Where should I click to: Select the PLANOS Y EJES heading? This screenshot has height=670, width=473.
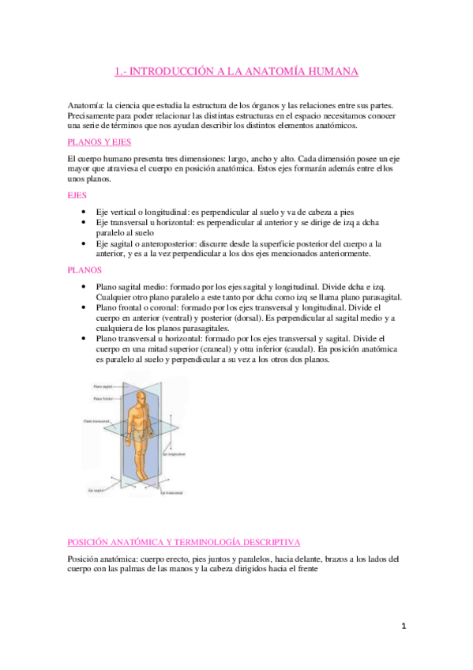[100, 141]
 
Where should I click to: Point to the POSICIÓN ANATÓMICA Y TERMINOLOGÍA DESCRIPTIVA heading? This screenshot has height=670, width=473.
[184, 542]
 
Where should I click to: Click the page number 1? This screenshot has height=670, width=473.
[402, 626]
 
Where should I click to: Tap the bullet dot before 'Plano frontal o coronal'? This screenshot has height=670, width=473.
[84, 307]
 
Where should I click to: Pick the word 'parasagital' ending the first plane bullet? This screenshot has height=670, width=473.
[377, 297]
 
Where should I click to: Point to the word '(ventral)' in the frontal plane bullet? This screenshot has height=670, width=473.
[184, 318]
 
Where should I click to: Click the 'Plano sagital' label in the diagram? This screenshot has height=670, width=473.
[103, 386]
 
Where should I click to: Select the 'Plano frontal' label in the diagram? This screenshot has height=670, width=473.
[103, 399]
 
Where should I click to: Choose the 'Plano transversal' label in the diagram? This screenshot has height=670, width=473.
[97, 422]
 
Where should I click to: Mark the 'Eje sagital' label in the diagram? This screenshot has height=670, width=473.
[95, 490]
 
